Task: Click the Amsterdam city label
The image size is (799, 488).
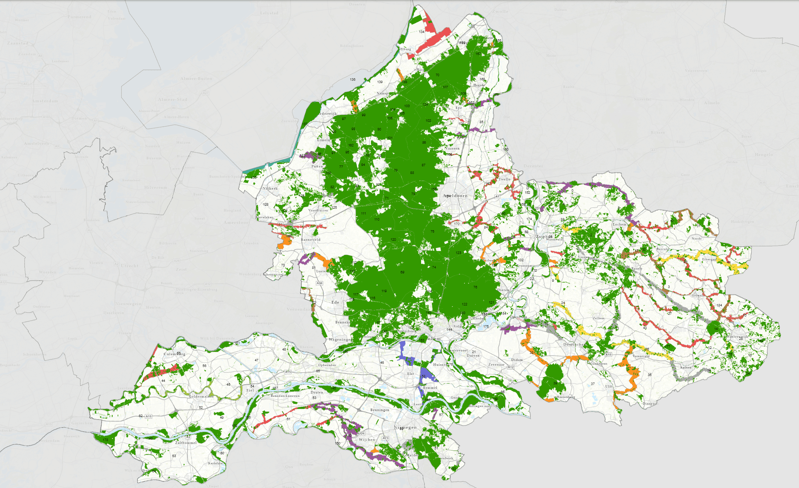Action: click(45, 101)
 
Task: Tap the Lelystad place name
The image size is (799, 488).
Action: click(269, 13)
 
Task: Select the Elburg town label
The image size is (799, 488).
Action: click(405, 49)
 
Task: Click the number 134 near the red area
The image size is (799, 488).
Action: click(421, 32)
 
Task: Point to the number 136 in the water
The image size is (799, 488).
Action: click(353, 79)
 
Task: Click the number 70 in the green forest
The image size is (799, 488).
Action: click(437, 75)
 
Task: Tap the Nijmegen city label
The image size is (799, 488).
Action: click(405, 427)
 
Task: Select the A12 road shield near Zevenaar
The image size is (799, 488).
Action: click(511, 367)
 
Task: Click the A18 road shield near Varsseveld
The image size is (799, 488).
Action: click(608, 355)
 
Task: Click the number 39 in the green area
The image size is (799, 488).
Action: click(555, 383)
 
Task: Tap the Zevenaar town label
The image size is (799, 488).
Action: click(496, 365)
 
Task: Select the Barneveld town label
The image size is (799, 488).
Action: click(310, 240)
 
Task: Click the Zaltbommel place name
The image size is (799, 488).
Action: click(186, 443)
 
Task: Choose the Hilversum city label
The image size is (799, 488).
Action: click(156, 187)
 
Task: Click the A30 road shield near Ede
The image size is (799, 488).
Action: click(319, 283)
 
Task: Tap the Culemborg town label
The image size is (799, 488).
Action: click(174, 354)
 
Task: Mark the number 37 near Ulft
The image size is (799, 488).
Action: click(593, 384)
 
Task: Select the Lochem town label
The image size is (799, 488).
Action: click(619, 224)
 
